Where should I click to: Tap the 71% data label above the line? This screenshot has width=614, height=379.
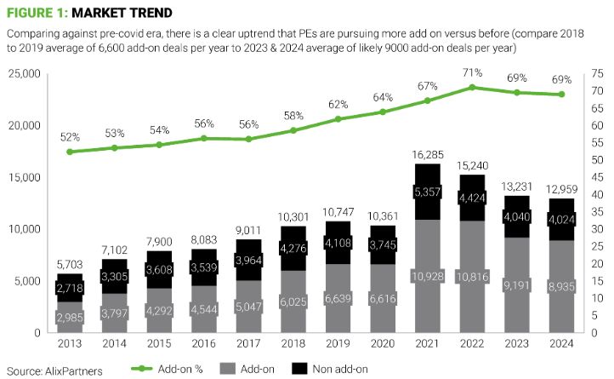[x=475, y=73]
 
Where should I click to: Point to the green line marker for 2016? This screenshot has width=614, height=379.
[x=203, y=138]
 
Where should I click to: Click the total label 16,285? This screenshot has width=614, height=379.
[x=428, y=155]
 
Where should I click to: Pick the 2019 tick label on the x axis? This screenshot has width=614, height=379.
[x=338, y=344]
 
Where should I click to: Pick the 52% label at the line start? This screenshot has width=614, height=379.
[x=70, y=137]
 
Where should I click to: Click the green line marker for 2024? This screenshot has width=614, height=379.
[x=563, y=95]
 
